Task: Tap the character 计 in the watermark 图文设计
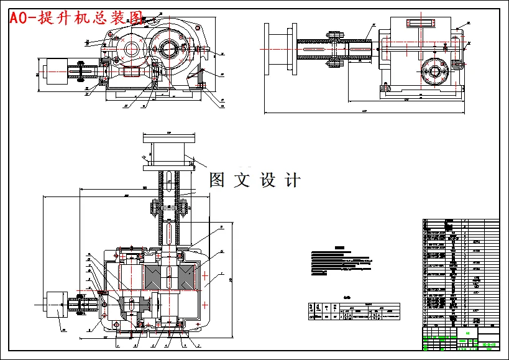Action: pyautogui.click(x=291, y=180)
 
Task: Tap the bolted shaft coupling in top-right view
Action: pyautogui.click(x=336, y=45)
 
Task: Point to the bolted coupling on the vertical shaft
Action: pyautogui.click(x=168, y=206)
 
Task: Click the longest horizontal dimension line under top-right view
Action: pyautogui.click(x=364, y=113)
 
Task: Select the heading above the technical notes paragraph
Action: pyautogui.click(x=339, y=247)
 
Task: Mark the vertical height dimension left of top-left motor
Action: pyautogui.click(x=37, y=74)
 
